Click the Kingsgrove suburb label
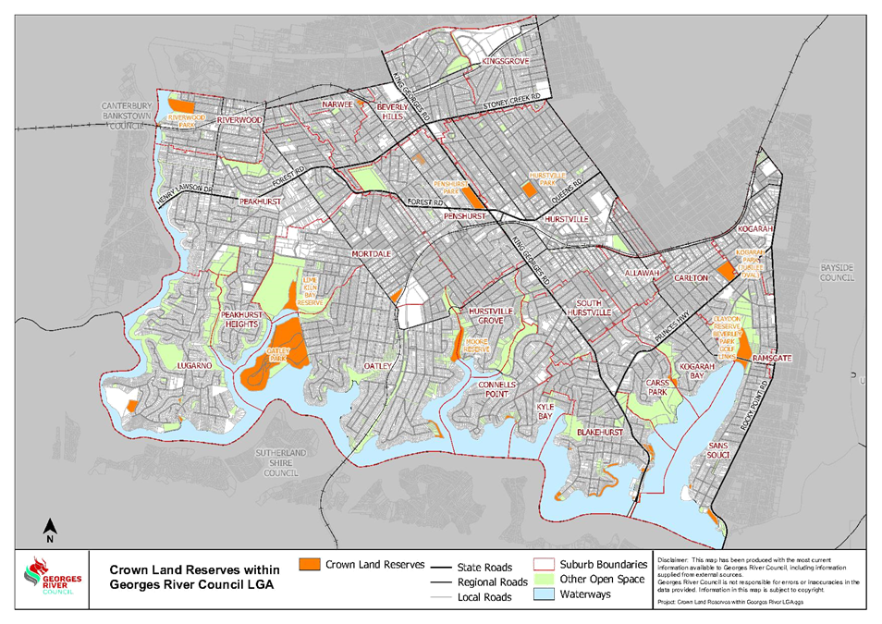tap(505, 62)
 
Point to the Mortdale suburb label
tap(372, 253)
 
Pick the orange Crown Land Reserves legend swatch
tap(310, 564)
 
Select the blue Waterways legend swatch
tap(545, 596)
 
